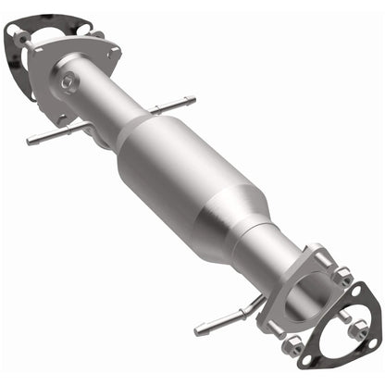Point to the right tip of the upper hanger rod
pyautogui.click(x=192, y=98)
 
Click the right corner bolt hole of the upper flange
pyautogui.click(x=113, y=53)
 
